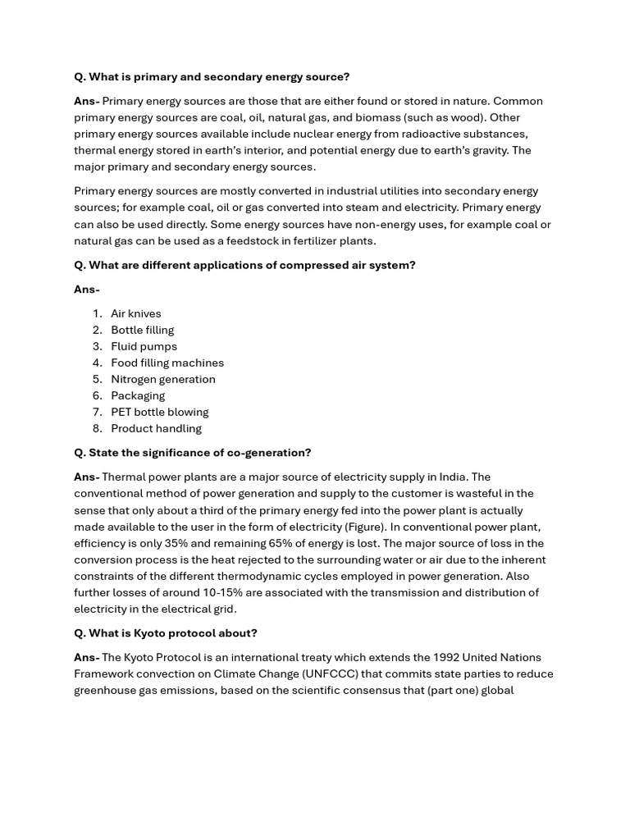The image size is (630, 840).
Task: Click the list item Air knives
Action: point(136,313)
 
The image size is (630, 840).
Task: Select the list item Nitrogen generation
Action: point(163,379)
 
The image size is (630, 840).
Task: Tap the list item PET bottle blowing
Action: point(160,412)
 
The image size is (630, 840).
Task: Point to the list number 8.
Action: point(97,428)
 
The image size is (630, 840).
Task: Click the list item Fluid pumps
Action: point(144,346)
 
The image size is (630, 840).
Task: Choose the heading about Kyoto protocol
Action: point(166,633)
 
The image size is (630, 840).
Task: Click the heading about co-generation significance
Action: point(193,453)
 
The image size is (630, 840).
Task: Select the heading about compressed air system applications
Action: point(244,265)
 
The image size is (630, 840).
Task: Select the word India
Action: point(453,477)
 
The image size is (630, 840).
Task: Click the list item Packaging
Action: point(138,395)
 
